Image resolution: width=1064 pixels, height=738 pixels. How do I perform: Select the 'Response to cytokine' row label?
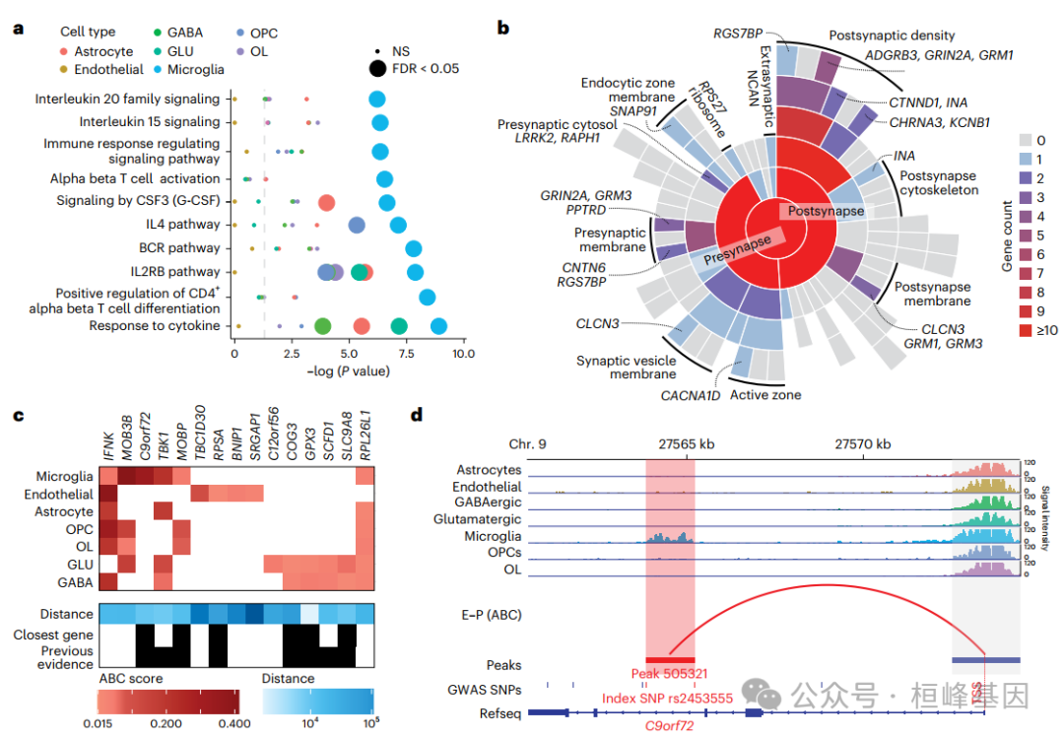(155, 325)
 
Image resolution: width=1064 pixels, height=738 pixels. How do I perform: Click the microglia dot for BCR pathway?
(414, 249)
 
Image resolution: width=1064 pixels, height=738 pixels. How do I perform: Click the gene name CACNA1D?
(689, 396)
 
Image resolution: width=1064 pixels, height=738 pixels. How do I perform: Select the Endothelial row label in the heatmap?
(58, 494)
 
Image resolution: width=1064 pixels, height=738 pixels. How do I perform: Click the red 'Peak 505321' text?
(670, 674)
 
